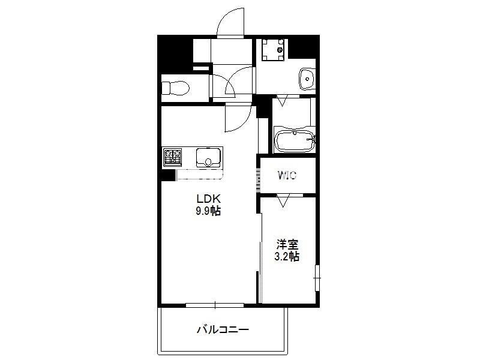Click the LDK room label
tap(208, 199)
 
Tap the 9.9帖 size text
tap(208, 211)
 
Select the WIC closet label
tap(287, 175)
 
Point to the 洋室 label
tap(287, 244)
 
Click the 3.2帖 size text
tap(287, 257)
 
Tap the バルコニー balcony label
tap(223, 329)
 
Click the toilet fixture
tap(175, 88)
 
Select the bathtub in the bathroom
tap(295, 141)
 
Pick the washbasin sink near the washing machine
tap(307, 79)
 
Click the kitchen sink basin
tap(208, 157)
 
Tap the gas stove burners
tap(172, 157)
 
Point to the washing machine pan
tap(273, 50)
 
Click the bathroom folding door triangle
tap(283, 101)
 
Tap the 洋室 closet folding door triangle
tap(283, 200)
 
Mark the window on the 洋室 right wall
tap(317, 278)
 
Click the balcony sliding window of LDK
tap(215, 305)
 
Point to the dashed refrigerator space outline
tap(199, 174)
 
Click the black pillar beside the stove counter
tap(168, 175)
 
